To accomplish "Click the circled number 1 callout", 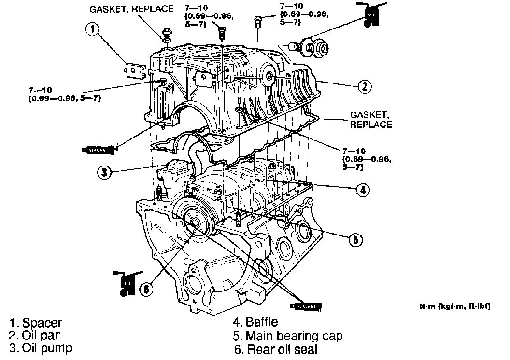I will pyautogui.click(x=93, y=30).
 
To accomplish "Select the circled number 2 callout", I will pyautogui.click(x=365, y=86).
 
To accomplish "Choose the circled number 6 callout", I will pyautogui.click(x=147, y=289).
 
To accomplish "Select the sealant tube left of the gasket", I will pyautogui.click(x=97, y=149).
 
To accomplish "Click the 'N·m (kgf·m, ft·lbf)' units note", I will pyautogui.click(x=454, y=306).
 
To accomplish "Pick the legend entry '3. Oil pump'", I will pyautogui.click(x=41, y=347).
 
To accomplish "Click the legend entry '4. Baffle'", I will pyautogui.click(x=255, y=322).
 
